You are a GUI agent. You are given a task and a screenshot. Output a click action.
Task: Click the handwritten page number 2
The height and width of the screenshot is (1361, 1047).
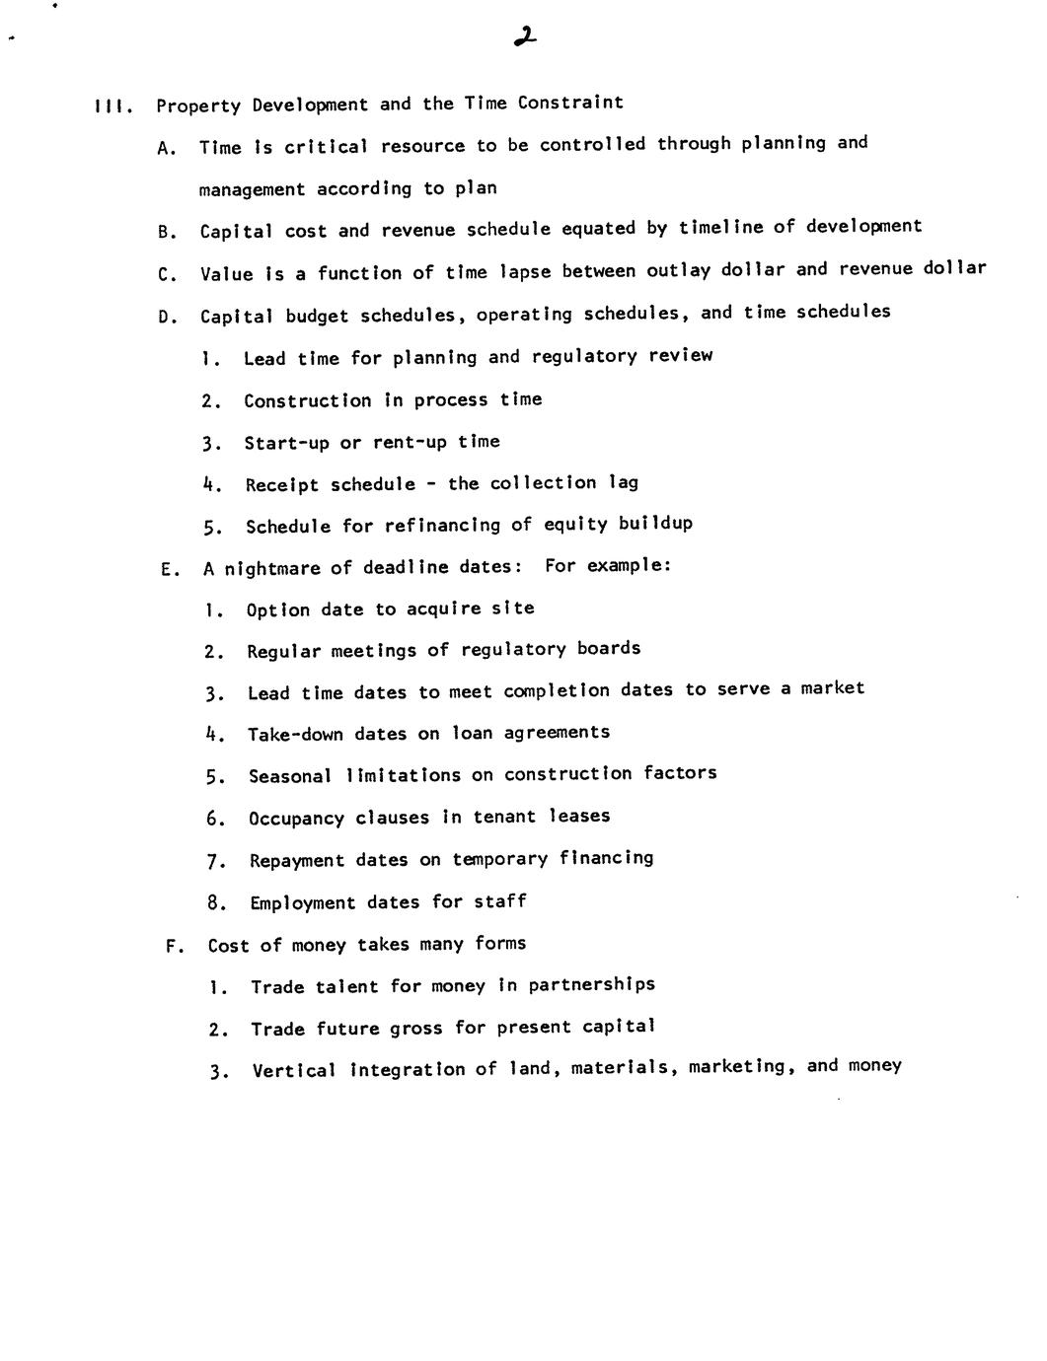click(x=525, y=37)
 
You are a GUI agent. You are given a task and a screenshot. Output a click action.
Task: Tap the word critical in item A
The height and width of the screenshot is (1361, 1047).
click(x=326, y=146)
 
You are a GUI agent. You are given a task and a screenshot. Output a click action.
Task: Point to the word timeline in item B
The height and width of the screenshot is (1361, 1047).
click(x=720, y=228)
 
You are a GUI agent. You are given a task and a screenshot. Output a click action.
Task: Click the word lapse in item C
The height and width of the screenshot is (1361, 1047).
click(x=528, y=271)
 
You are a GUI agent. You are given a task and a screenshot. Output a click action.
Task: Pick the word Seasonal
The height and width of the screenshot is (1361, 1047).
click(x=289, y=777)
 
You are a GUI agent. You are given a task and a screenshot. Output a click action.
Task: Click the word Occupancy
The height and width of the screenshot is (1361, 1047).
click(x=296, y=819)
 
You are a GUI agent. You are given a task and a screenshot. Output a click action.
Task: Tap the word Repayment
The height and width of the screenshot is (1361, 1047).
click(x=297, y=861)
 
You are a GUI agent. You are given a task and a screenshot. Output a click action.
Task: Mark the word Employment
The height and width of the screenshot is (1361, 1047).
click(x=302, y=903)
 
